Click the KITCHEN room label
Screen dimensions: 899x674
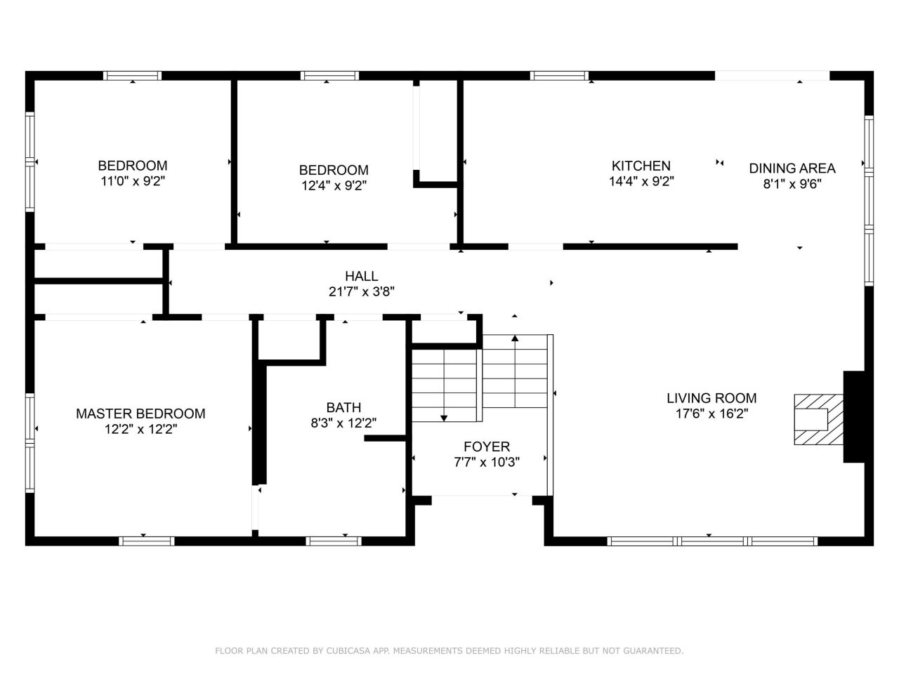(x=641, y=166)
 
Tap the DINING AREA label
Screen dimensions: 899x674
(x=792, y=168)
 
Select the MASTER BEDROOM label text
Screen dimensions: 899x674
(x=140, y=414)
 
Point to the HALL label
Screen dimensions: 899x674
(x=361, y=276)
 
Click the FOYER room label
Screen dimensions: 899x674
(x=487, y=446)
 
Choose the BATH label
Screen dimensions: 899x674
(x=343, y=407)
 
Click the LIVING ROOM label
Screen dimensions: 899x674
(x=711, y=398)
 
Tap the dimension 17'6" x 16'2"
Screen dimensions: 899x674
(x=711, y=414)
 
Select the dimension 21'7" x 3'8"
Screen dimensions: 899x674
(x=361, y=291)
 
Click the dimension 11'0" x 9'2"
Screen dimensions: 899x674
(x=133, y=181)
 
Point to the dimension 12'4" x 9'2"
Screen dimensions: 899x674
(x=334, y=185)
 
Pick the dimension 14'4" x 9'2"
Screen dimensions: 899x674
(x=641, y=181)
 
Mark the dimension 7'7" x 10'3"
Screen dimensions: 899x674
(x=487, y=462)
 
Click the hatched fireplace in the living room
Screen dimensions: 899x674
(x=818, y=419)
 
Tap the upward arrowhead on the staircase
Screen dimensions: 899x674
(x=515, y=338)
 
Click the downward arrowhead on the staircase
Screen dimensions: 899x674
(x=444, y=418)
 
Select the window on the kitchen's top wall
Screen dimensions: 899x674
(x=559, y=76)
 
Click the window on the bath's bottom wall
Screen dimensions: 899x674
(x=334, y=541)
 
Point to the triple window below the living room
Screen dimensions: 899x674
(x=712, y=541)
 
